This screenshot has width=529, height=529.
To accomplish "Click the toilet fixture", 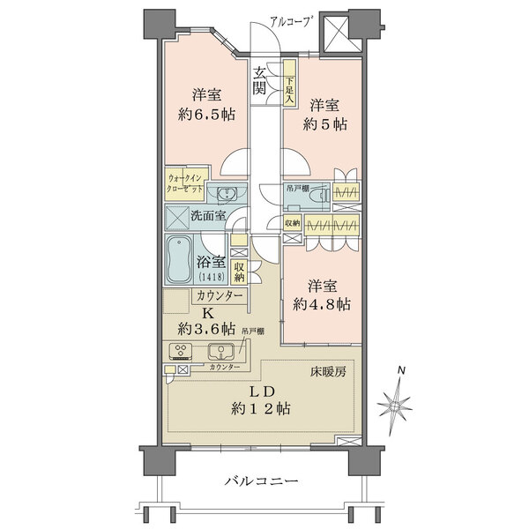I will click(x=322, y=195).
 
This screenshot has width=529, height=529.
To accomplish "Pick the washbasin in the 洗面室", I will click(x=227, y=194).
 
